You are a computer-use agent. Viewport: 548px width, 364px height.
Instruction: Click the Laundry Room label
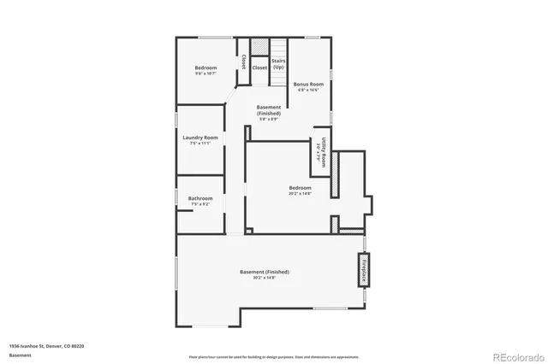tap(200, 137)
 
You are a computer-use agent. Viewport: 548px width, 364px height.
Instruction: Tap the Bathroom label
tap(200, 198)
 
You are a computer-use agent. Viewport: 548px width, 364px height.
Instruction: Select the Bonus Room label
tap(308, 84)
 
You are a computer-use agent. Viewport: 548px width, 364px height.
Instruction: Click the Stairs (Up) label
tap(278, 64)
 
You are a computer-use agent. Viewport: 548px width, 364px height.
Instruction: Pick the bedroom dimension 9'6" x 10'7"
tap(205, 74)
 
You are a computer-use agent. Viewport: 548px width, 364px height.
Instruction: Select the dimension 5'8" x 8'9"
tap(269, 119)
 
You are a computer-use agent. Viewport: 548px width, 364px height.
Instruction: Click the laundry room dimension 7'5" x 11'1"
tap(200, 144)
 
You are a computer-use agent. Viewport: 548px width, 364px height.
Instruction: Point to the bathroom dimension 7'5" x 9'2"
tap(200, 205)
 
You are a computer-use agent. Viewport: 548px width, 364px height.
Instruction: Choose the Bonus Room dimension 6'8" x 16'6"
tap(308, 90)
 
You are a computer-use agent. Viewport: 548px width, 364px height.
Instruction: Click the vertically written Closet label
tap(243, 62)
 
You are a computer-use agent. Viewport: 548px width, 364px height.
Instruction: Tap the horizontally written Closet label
tap(259, 67)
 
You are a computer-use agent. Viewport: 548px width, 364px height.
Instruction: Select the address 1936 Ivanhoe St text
tap(46, 346)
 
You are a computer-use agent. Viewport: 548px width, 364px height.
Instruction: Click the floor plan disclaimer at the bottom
tap(274, 356)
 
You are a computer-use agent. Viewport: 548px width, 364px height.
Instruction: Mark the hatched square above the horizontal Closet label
tap(259, 47)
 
